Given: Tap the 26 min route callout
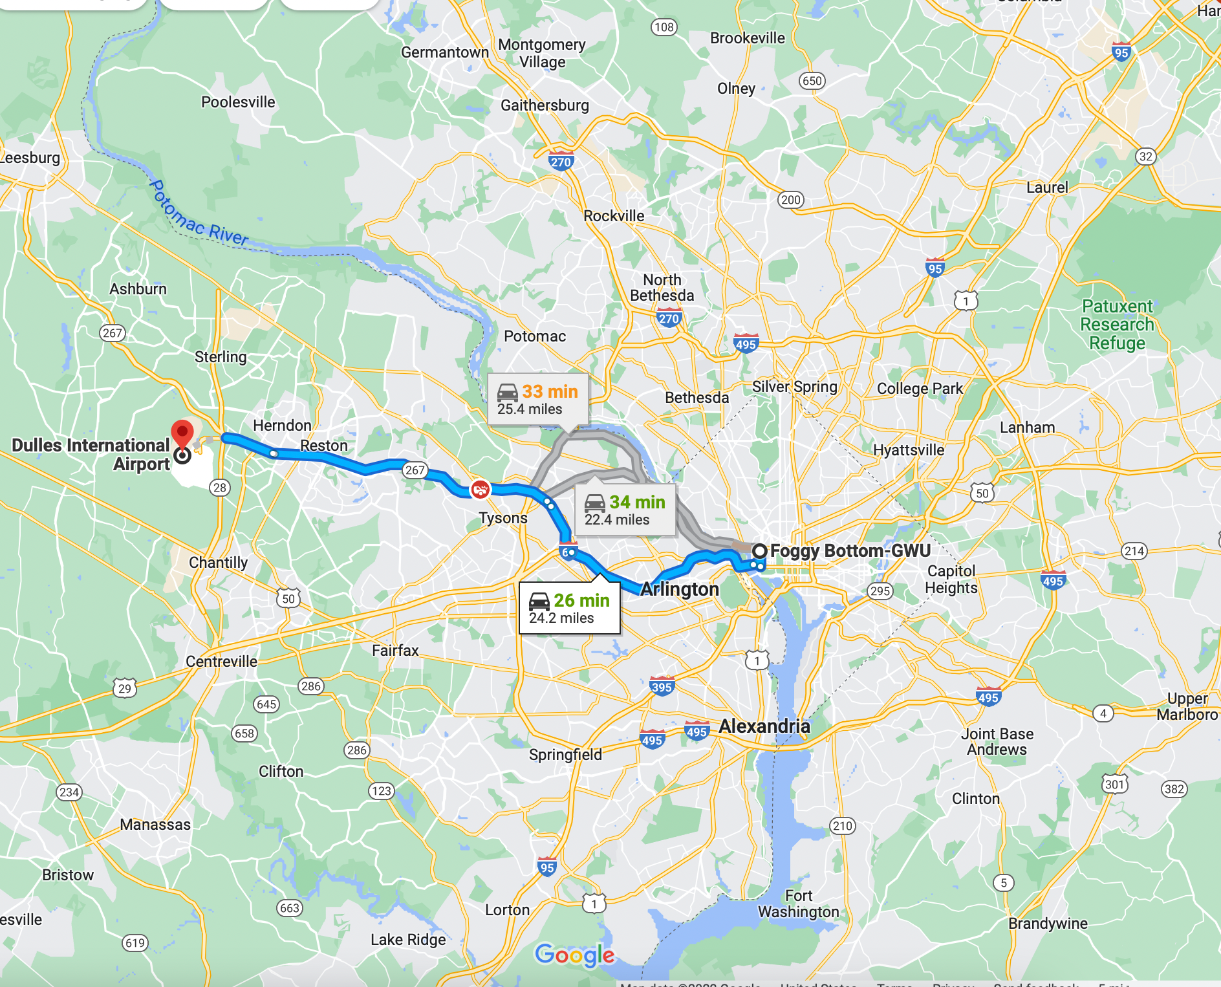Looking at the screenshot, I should [569, 608].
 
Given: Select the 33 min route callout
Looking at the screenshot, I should [537, 400].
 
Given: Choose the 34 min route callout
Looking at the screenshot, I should [625, 510].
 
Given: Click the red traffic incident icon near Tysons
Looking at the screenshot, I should [480, 490].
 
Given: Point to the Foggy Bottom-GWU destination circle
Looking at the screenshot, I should [760, 550].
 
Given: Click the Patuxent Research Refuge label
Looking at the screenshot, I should [1117, 325].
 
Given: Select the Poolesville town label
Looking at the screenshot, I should [238, 102].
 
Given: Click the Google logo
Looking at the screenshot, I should [575, 955].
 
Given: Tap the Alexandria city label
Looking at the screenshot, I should [764, 726].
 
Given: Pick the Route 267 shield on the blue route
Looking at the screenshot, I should [415, 470].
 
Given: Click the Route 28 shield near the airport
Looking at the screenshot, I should [220, 488].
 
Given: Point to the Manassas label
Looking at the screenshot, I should [155, 825].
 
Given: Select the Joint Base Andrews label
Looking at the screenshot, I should [997, 742].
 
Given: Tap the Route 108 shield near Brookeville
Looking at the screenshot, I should [664, 27].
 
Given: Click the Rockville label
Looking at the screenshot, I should [614, 216].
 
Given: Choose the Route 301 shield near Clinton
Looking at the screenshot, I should [1114, 785].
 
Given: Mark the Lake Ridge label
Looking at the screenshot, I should [408, 940].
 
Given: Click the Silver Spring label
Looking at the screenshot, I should [794, 387].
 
